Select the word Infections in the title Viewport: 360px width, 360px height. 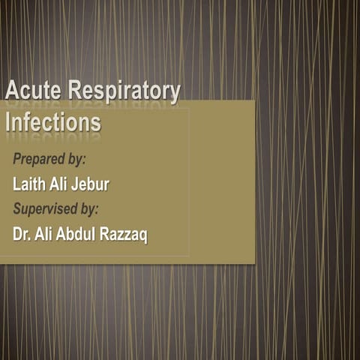point(52,121)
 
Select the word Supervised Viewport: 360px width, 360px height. point(46,208)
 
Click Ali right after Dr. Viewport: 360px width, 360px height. point(46,234)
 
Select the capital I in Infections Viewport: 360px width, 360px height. point(8,121)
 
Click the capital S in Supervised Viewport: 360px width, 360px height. point(18,208)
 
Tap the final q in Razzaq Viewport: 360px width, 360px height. point(144,235)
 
